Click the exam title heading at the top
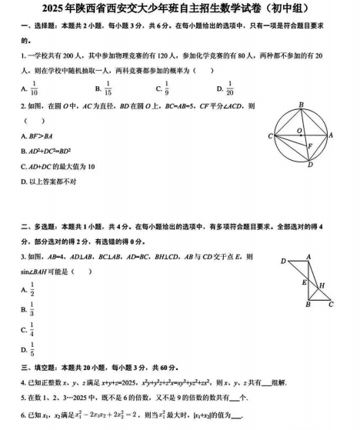[x=180, y=8]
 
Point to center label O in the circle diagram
[x=300, y=130]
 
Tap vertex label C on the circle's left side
[x=271, y=136]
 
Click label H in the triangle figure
[x=322, y=285]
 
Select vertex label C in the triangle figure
[x=331, y=304]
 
